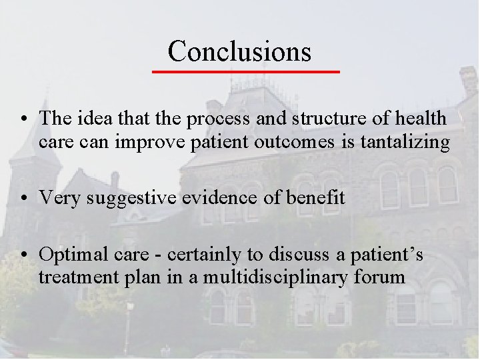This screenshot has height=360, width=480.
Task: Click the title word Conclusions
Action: (239, 51)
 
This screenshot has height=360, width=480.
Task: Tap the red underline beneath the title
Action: (245, 70)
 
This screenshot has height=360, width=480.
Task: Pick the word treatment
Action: (73, 276)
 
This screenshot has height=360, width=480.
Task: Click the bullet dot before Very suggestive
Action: (24, 198)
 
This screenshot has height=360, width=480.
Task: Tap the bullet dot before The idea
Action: (24, 121)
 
